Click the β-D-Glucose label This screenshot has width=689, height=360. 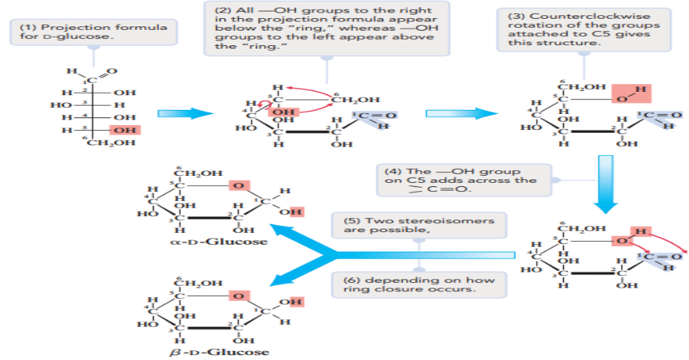point(209,352)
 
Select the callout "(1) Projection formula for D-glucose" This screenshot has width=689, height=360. point(93,31)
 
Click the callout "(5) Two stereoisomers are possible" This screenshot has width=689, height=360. point(418,224)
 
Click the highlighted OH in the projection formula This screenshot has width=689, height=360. point(126,130)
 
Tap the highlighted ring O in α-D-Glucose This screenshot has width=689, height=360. point(238,186)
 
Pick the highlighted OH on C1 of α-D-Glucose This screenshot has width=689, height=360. point(295,211)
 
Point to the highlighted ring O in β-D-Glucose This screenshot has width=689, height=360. point(238,297)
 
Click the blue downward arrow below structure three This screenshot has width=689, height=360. point(606,183)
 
